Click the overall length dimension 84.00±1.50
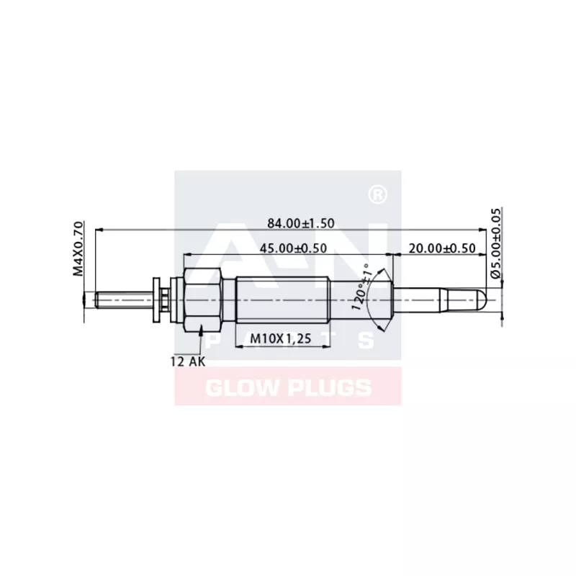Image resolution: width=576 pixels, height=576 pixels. click(x=301, y=223)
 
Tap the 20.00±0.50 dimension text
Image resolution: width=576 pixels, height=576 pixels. click(x=441, y=248)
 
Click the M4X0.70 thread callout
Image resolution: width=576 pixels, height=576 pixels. click(x=78, y=249)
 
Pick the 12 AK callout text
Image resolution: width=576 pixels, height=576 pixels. click(x=187, y=361)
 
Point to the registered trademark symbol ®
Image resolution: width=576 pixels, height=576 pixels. click(x=375, y=194)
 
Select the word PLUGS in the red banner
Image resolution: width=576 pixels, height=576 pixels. click(x=331, y=389)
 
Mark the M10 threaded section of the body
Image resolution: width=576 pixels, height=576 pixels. click(x=282, y=297)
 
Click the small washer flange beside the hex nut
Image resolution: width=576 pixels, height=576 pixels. click(x=155, y=297)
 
